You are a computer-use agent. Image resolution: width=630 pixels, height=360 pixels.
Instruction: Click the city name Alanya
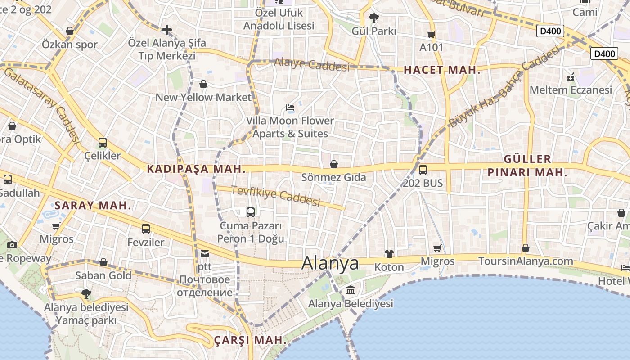tap(330, 263)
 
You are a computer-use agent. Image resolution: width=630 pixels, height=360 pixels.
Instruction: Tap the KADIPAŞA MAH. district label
tap(196, 169)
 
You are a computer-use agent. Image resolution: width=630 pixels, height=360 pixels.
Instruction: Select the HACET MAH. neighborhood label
tap(442, 70)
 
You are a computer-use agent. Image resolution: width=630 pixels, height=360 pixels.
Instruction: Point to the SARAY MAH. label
tap(93, 206)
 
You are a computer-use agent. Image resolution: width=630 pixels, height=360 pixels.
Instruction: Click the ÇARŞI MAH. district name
tap(250, 340)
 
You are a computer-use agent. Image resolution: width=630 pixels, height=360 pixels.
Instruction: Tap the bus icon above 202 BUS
tap(423, 170)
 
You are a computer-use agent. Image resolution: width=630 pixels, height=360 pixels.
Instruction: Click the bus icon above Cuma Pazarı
tap(251, 212)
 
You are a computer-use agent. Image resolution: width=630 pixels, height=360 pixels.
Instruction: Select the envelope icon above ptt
tap(205, 254)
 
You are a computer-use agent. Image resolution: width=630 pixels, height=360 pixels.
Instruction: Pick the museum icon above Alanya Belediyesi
tap(351, 291)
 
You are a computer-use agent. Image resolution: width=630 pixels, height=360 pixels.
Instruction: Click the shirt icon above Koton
tap(389, 254)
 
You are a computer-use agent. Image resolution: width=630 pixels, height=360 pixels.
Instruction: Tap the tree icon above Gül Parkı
tap(373, 18)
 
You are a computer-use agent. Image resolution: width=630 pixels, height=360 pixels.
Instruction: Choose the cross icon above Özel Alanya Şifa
tap(167, 30)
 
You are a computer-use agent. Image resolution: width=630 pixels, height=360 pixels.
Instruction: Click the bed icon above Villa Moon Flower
tap(290, 108)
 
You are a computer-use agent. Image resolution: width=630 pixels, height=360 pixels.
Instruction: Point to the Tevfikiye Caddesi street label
tap(276, 196)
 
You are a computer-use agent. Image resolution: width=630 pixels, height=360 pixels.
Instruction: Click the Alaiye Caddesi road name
tap(311, 65)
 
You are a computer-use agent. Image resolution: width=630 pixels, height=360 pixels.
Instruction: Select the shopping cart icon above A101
tap(432, 34)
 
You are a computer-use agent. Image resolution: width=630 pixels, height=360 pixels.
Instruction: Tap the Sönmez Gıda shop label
tap(333, 177)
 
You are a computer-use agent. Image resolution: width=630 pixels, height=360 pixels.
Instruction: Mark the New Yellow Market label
tap(203, 97)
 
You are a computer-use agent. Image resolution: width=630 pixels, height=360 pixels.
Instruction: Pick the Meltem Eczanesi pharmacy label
tap(571, 90)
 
